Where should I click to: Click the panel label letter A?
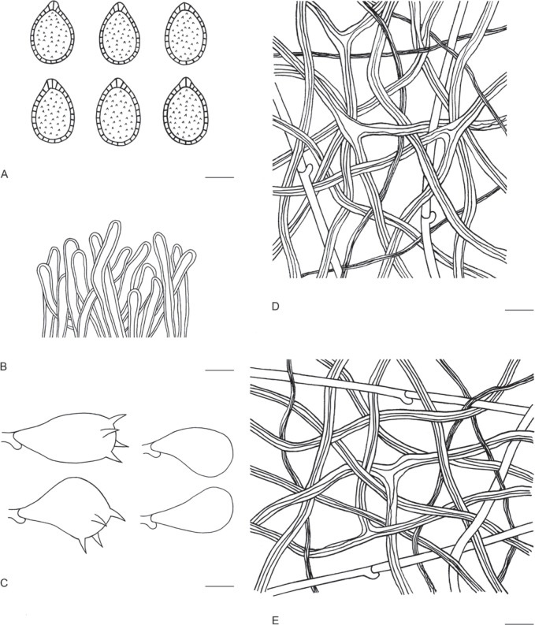click(x=5, y=174)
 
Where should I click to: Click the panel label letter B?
click(x=4, y=366)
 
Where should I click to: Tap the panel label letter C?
click(x=4, y=583)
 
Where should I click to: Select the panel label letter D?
click(x=275, y=306)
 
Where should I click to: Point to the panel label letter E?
click(x=275, y=620)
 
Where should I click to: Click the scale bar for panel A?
click(x=219, y=177)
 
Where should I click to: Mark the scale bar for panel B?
click(x=219, y=370)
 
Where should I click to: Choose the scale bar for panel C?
click(x=219, y=586)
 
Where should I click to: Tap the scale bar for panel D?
click(x=518, y=309)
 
